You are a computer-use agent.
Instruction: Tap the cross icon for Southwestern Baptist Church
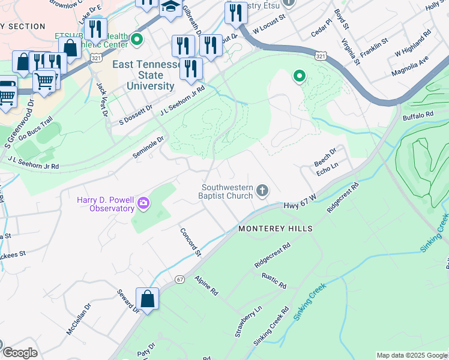[x=262, y=191]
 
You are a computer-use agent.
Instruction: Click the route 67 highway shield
[x=180, y=280]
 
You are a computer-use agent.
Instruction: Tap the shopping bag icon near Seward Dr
[x=147, y=299]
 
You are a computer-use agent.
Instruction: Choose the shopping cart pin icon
[x=44, y=80]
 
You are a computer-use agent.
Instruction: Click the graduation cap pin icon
[x=170, y=8]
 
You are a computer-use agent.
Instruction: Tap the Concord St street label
[x=190, y=242]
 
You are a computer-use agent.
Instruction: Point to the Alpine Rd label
[x=206, y=286]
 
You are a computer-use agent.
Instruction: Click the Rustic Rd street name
[x=273, y=282]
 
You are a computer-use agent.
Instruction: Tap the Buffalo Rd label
[x=418, y=115]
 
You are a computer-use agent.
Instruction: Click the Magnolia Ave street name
[x=412, y=62]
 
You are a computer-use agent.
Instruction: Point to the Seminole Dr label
[x=148, y=147]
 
